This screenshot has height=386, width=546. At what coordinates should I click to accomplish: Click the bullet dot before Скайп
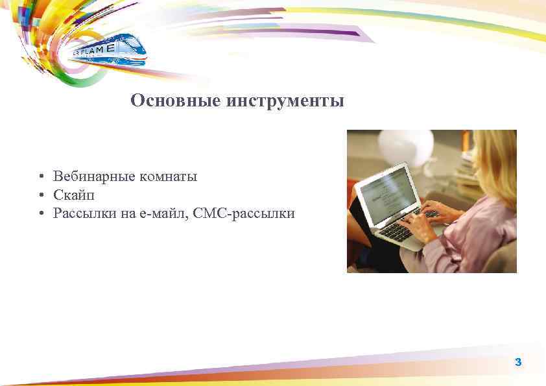coord(40,195)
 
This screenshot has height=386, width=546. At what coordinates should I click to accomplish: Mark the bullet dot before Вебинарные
coord(40,176)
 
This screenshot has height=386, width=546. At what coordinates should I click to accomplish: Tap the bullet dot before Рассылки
coord(40,213)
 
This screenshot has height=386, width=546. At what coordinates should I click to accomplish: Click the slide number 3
coord(517,362)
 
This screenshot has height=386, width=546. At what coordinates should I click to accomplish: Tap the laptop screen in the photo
coord(388,194)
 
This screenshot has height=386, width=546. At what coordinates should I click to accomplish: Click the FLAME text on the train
coord(104,49)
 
